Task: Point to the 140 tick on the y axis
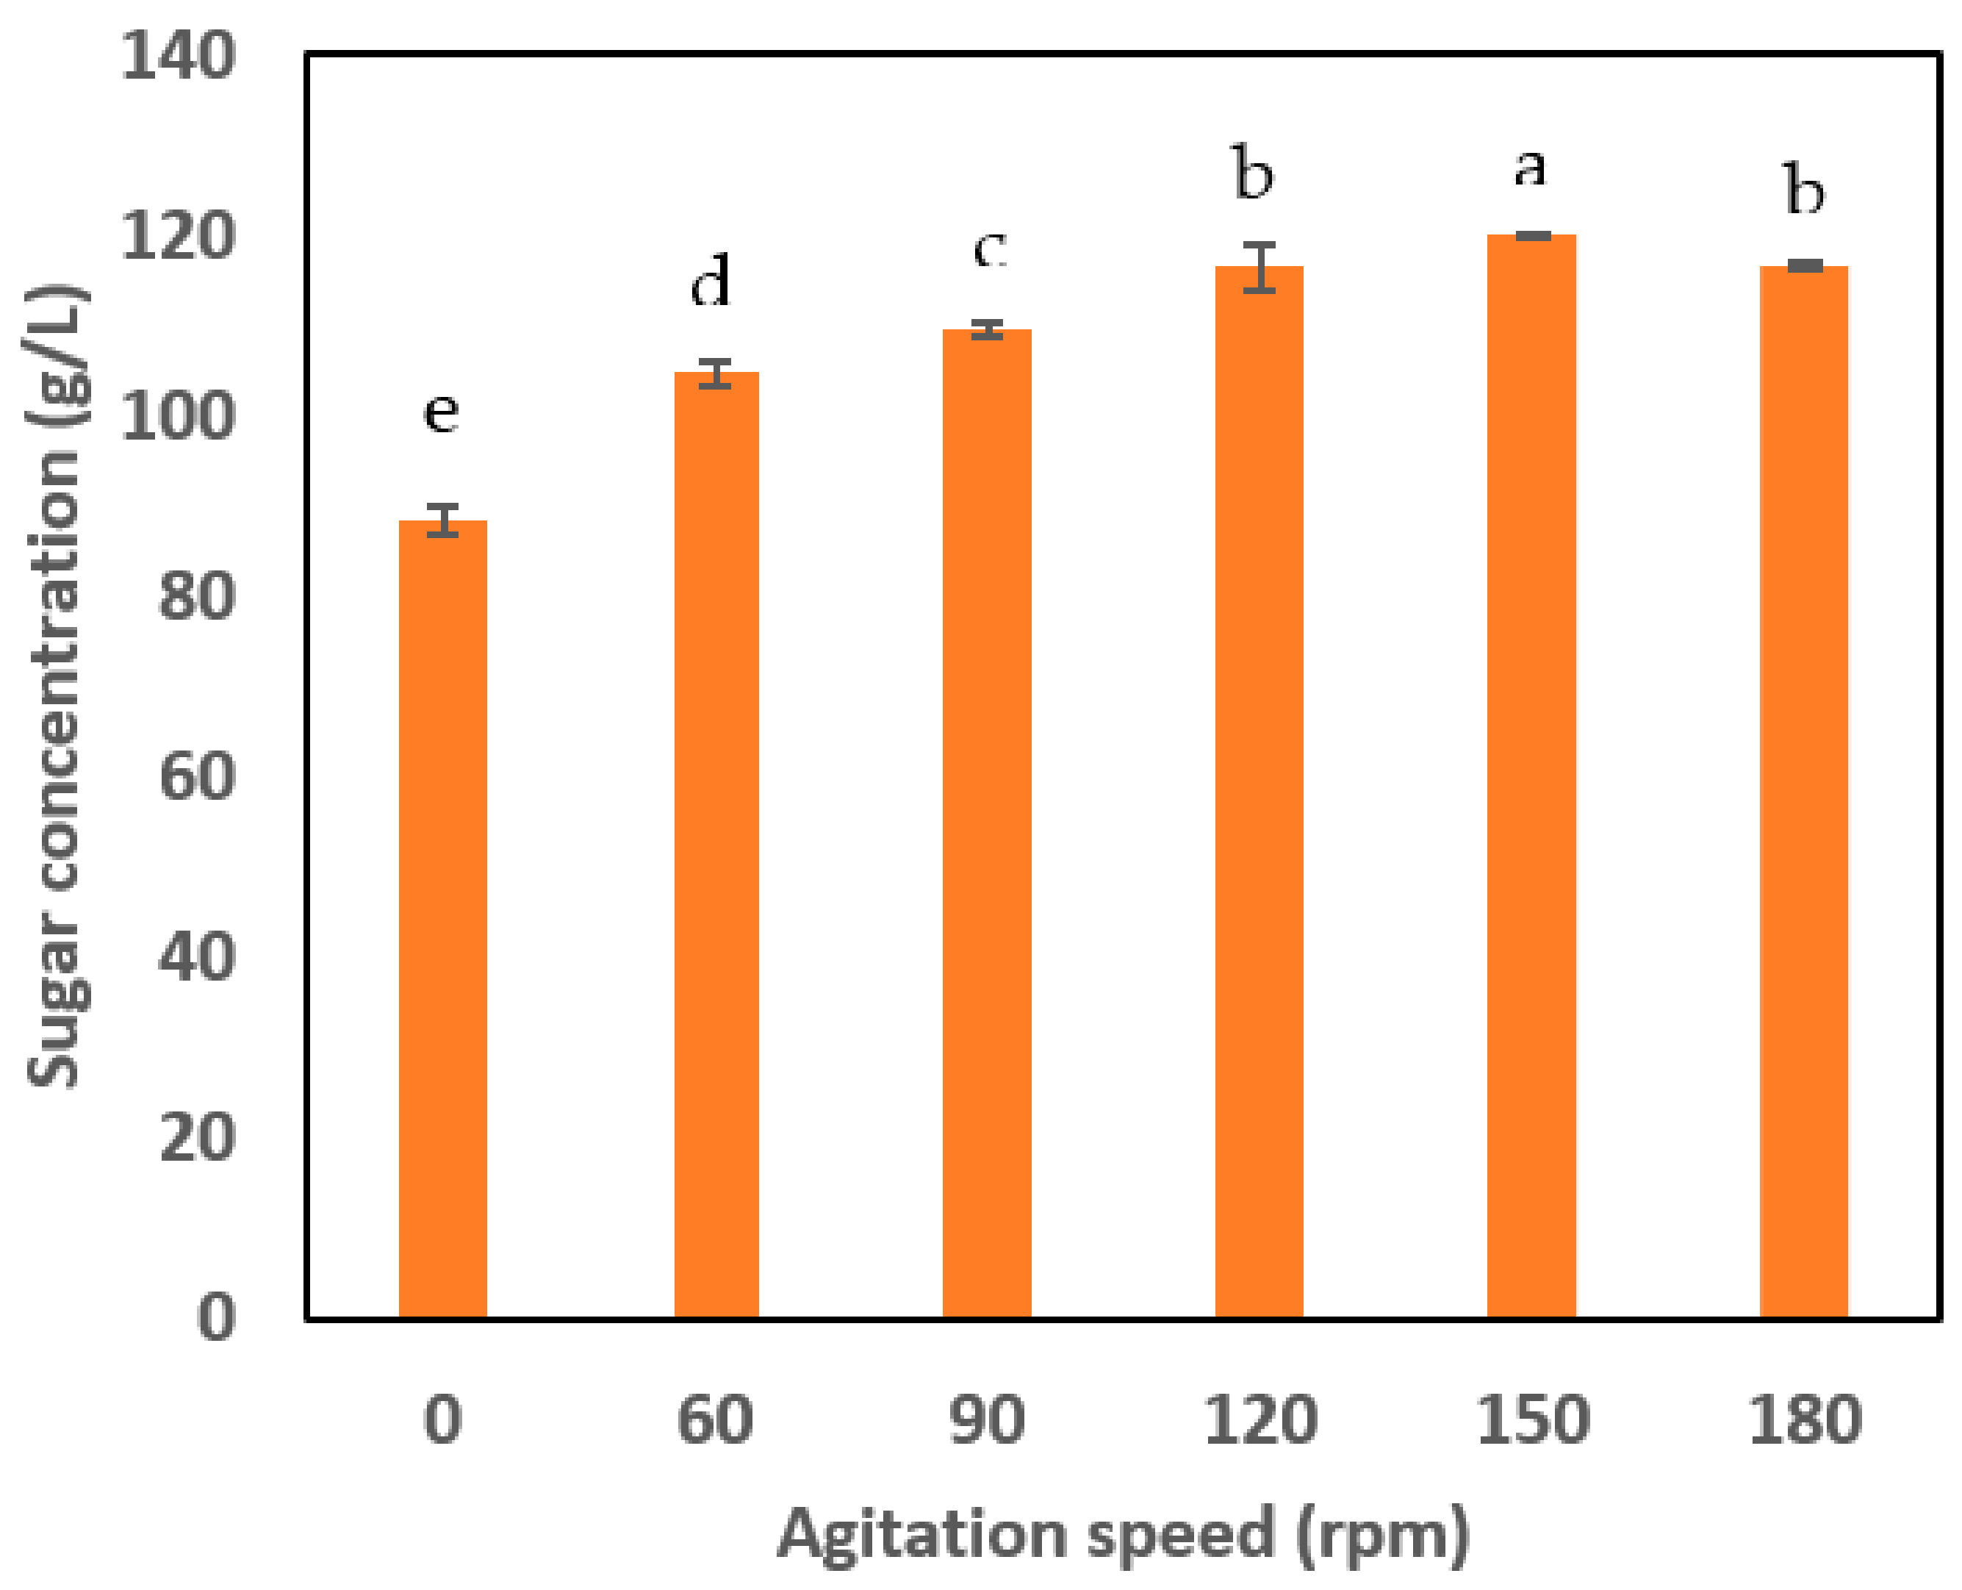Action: click(178, 57)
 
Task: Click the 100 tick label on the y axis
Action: click(178, 418)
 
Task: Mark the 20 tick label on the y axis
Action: click(197, 1139)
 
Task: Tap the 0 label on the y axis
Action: click(216, 1318)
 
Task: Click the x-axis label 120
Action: click(1260, 1420)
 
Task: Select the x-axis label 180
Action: click(1805, 1420)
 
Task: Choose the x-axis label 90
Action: click(987, 1420)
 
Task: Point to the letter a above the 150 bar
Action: click(1530, 168)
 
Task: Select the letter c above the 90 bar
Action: click(990, 248)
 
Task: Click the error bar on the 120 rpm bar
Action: click(1260, 268)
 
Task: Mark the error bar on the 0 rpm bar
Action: click(442, 520)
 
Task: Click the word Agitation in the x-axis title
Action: click(921, 1535)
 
